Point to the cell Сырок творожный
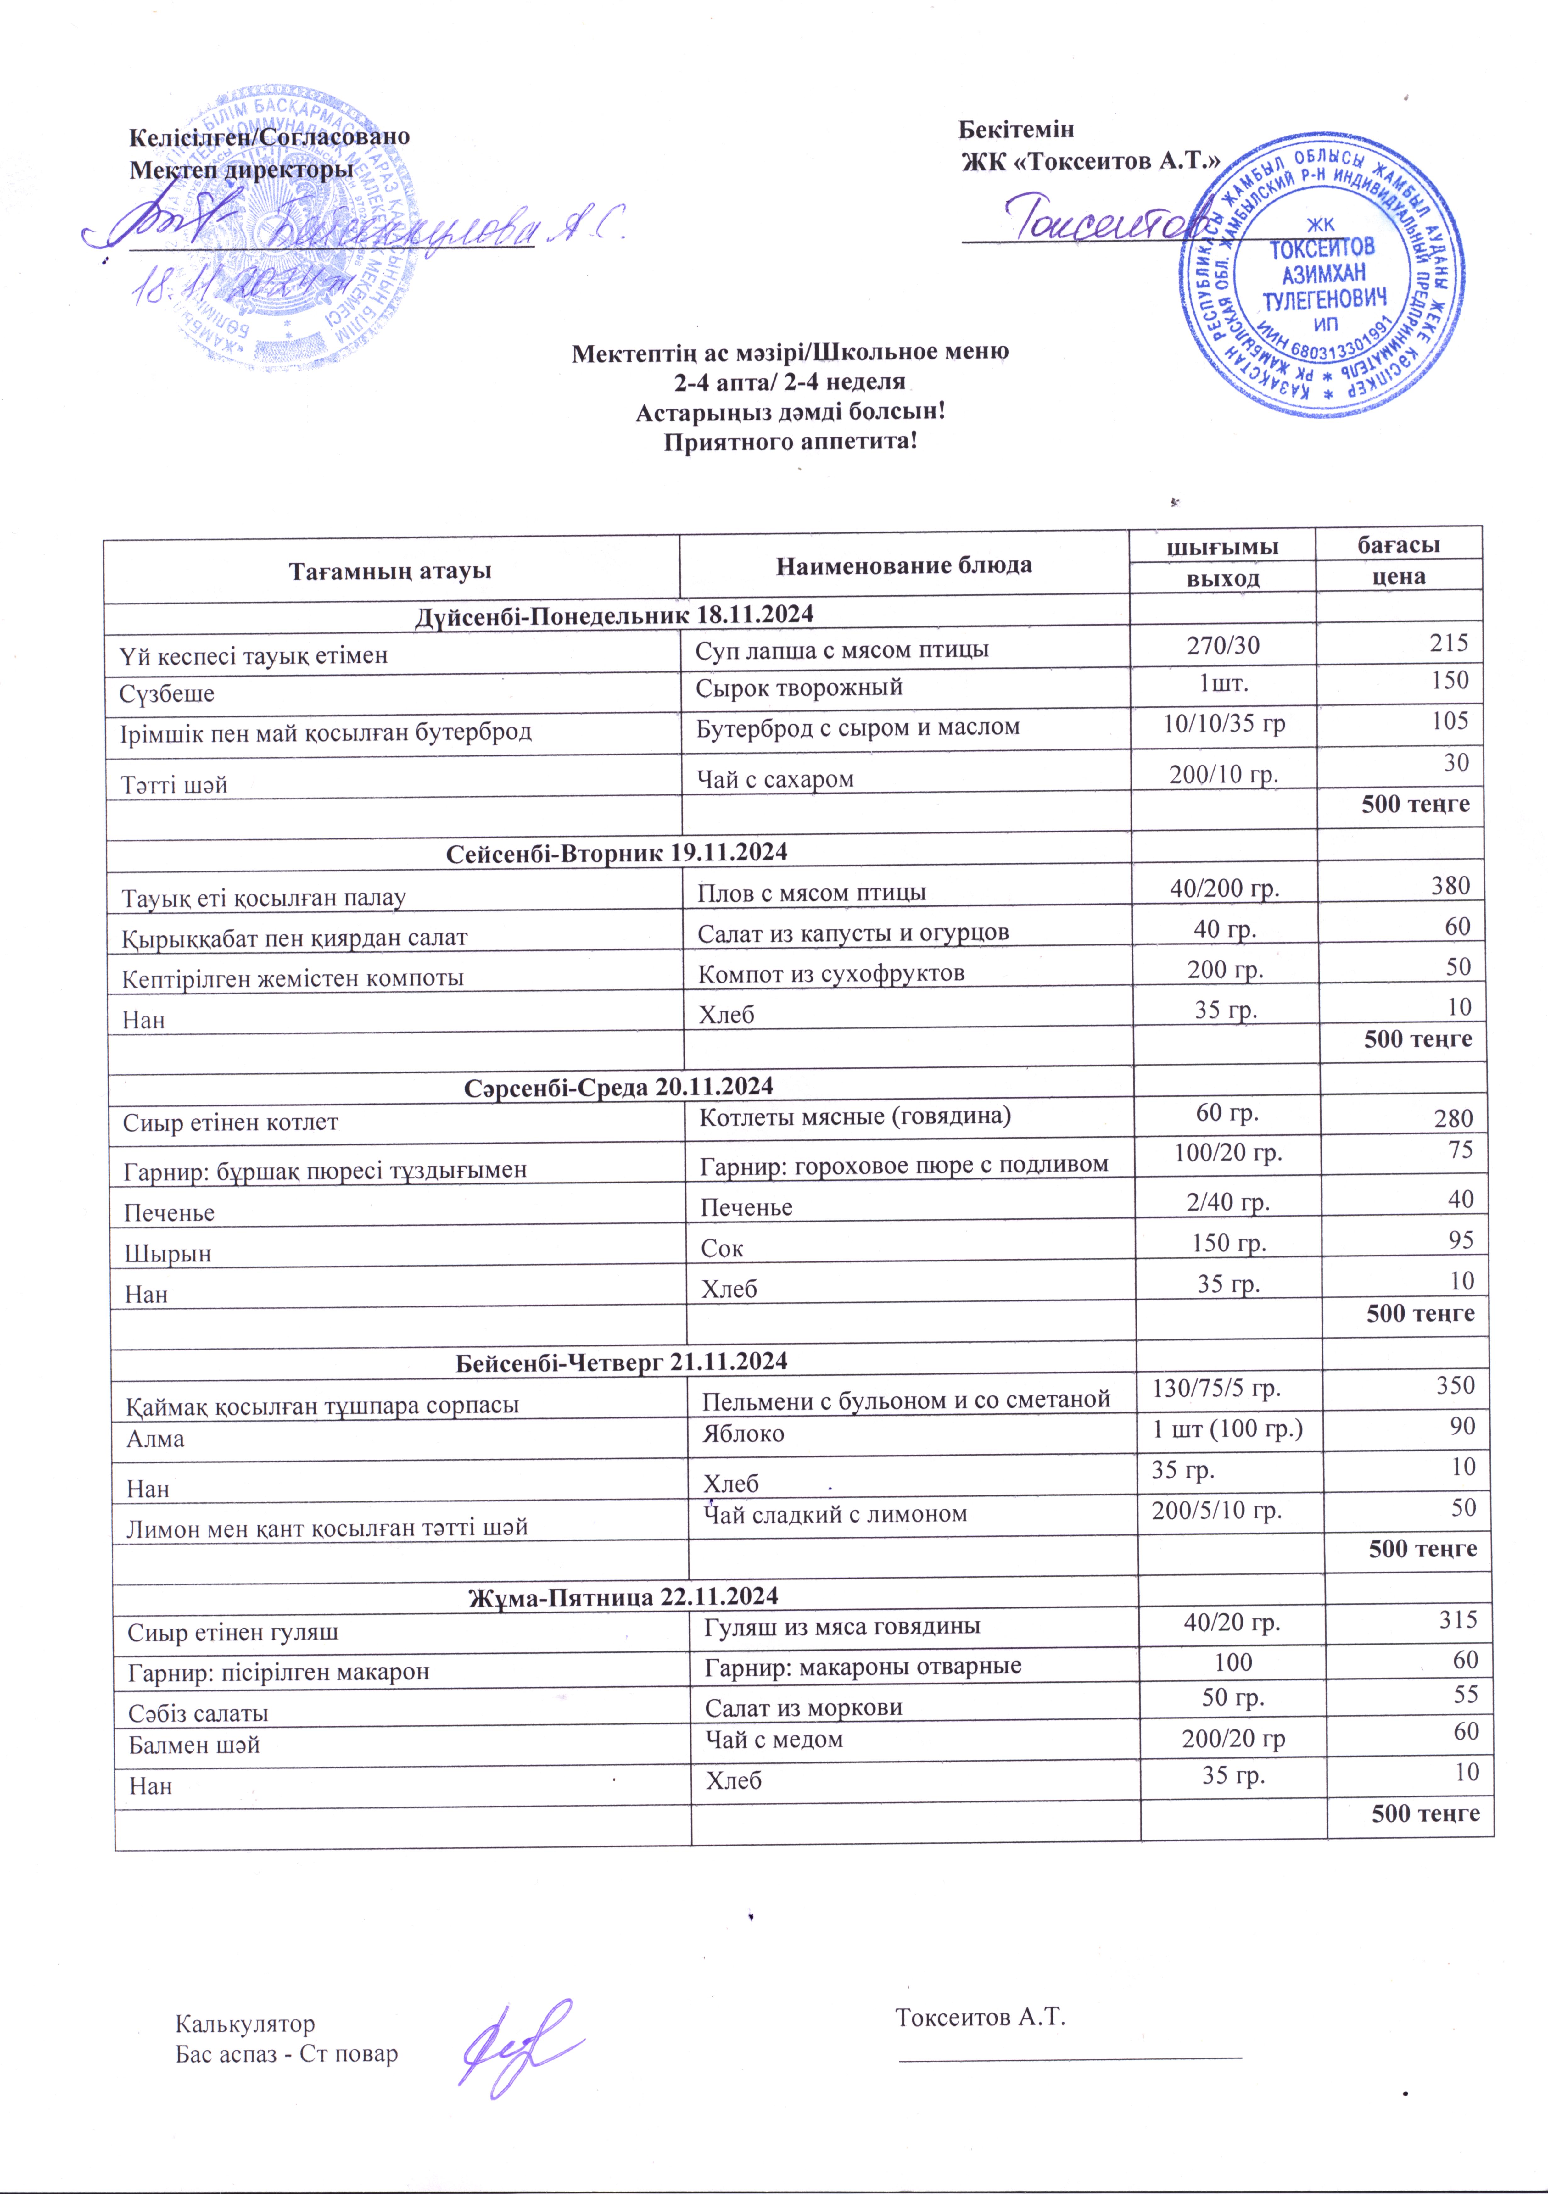pyautogui.click(x=799, y=687)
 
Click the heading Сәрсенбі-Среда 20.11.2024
pyautogui.click(x=618, y=1087)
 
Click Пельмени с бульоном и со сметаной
pyautogui.click(x=906, y=1400)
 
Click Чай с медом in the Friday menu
pyautogui.click(x=774, y=1739)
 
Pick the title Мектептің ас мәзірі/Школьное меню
pyautogui.click(x=790, y=352)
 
